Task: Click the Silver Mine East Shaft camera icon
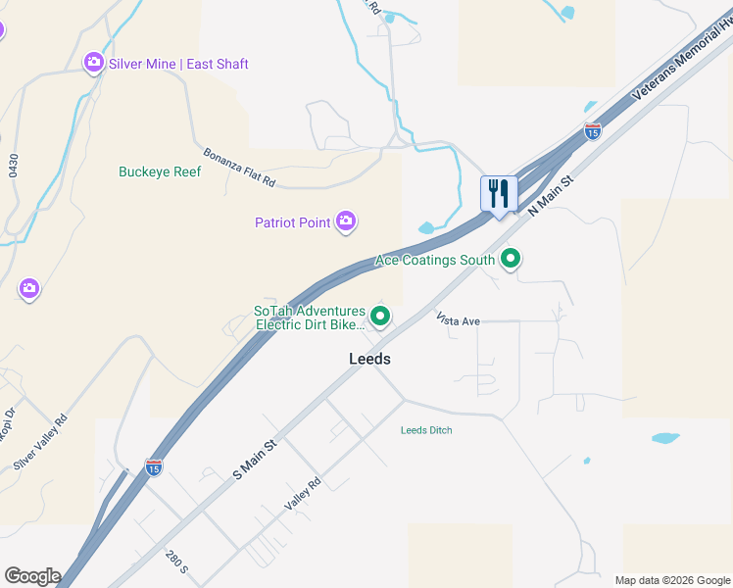94,64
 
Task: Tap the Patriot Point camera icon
345,222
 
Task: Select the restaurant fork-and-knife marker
499,193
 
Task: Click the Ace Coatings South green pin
510,260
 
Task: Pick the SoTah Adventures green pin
380,317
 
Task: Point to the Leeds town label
369,359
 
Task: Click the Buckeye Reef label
160,171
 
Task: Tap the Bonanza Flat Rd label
240,168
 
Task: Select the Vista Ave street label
458,320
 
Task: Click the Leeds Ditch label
426,430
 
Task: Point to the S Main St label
256,459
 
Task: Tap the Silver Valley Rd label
40,442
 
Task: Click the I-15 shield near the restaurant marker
592,129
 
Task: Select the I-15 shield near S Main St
154,467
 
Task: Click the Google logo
32,576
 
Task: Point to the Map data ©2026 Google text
672,580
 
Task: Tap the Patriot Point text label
293,222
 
